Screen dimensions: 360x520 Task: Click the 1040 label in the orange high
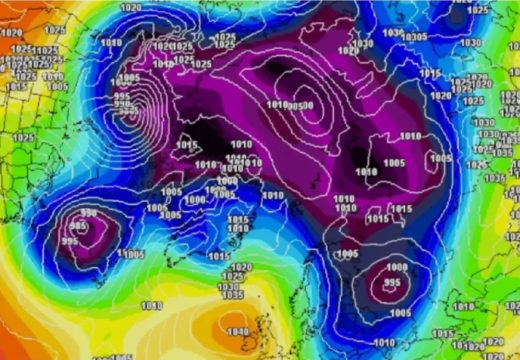(238, 332)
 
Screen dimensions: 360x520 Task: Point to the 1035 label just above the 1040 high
(232, 295)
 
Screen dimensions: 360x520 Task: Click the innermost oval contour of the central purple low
(310, 108)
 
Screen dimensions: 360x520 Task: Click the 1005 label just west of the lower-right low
(348, 255)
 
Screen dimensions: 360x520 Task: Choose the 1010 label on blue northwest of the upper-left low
(111, 42)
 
